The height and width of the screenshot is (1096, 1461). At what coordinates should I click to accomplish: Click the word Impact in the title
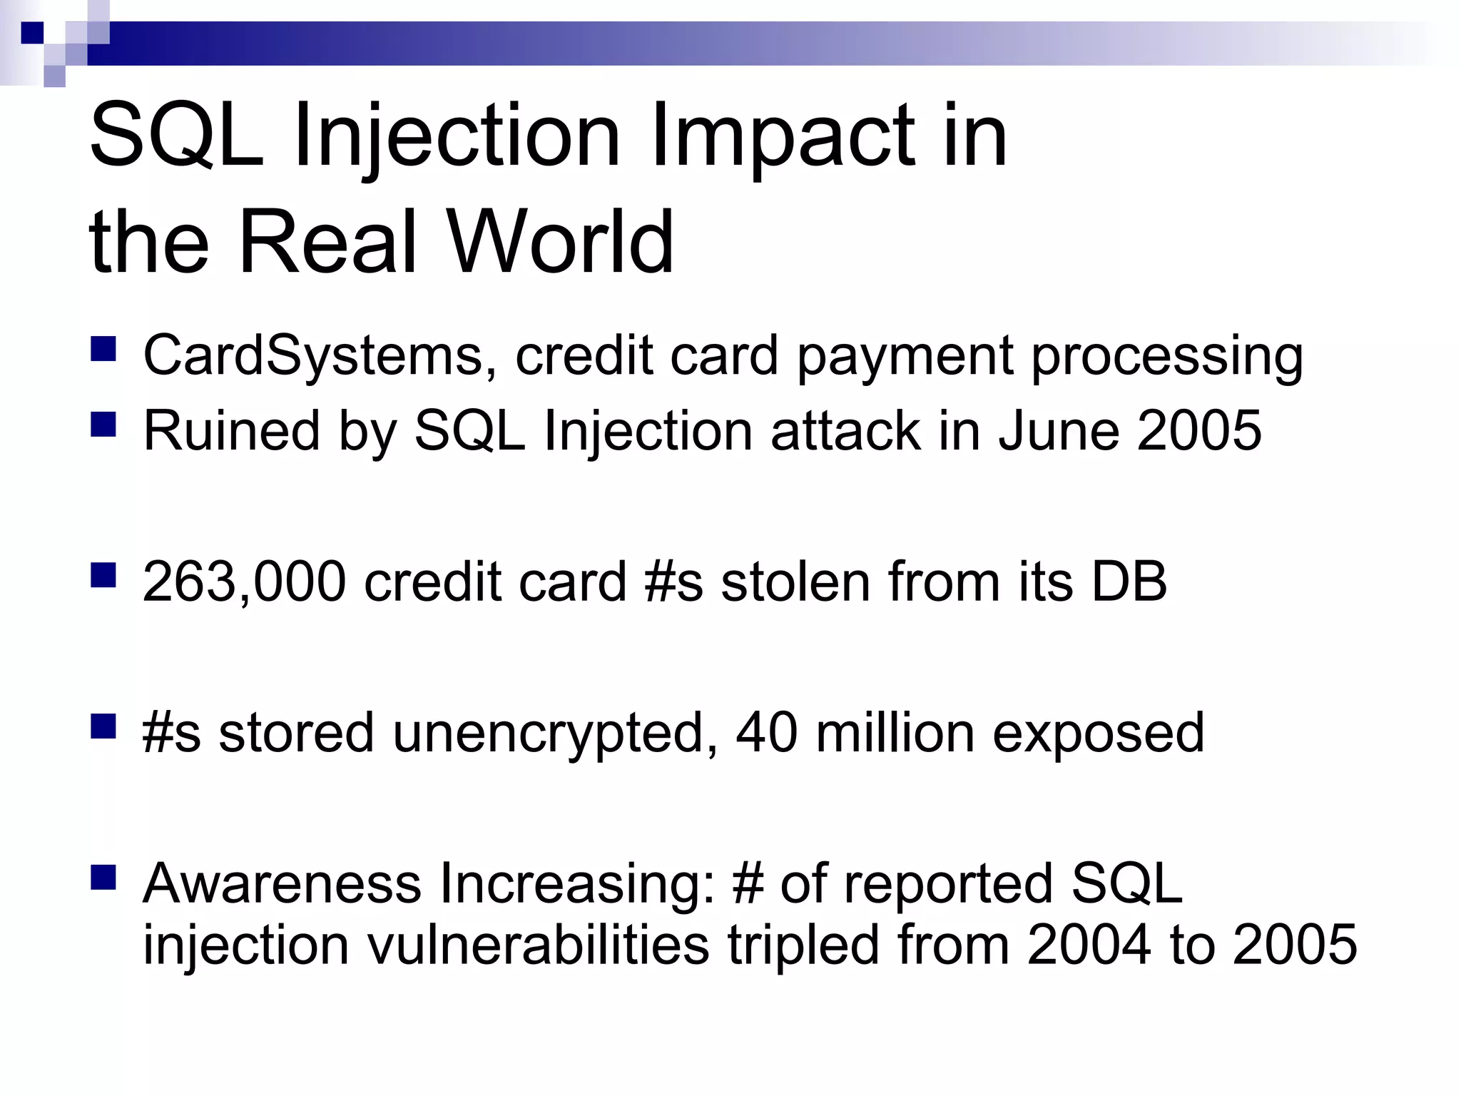tap(782, 136)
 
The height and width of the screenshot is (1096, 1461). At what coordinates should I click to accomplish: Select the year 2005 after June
tap(1199, 431)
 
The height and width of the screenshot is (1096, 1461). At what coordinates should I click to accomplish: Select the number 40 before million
tap(766, 733)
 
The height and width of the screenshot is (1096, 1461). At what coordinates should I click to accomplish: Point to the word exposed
tap(1099, 734)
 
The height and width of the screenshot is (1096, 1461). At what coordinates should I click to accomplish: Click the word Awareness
tap(282, 884)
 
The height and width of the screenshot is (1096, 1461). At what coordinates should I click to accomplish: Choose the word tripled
tap(803, 945)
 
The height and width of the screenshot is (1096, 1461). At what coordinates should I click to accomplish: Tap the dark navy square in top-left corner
tap(32, 33)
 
